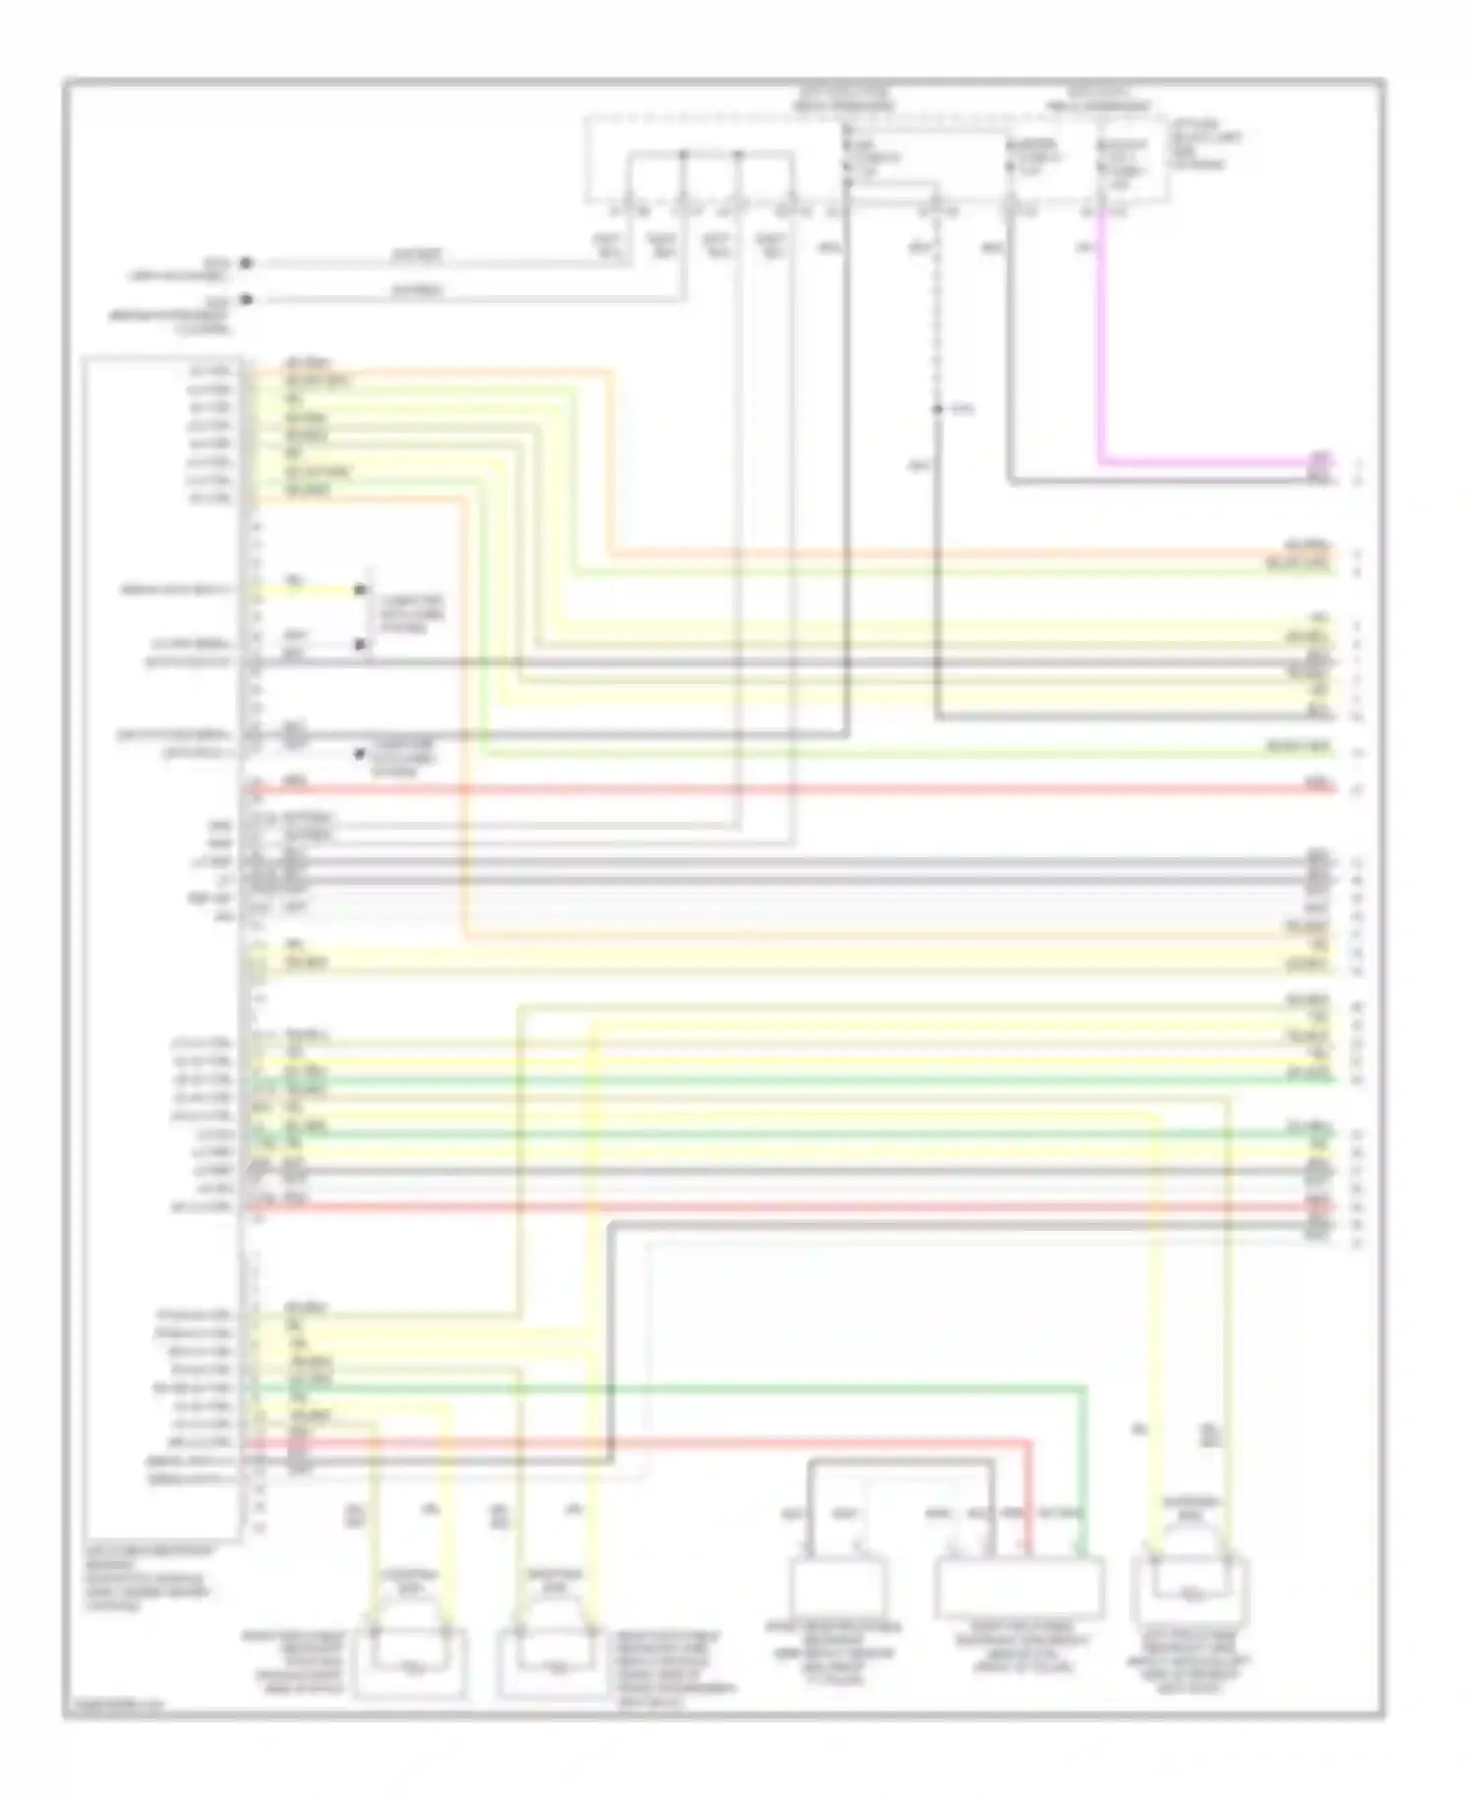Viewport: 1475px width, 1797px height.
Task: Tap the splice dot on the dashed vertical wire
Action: (938, 408)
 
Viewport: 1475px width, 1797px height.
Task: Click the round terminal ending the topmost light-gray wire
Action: (246, 263)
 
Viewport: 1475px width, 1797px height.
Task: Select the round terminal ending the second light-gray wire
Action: (246, 299)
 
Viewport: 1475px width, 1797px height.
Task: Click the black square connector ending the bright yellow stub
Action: (360, 590)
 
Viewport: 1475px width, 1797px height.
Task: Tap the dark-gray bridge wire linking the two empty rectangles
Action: (901, 1464)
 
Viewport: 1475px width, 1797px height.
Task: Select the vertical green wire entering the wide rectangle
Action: (1086, 1475)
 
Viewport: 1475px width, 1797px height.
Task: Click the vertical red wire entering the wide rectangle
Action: (1031, 1499)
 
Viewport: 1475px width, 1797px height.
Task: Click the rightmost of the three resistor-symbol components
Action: (1192, 1593)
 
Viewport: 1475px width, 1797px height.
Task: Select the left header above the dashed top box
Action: (843, 98)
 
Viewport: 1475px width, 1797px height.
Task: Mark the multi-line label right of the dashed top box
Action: (1205, 145)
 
